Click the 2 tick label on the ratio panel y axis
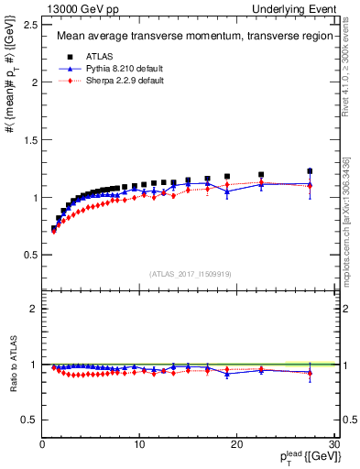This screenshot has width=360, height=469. click(x=33, y=309)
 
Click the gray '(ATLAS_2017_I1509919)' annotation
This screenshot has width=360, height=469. click(x=189, y=273)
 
